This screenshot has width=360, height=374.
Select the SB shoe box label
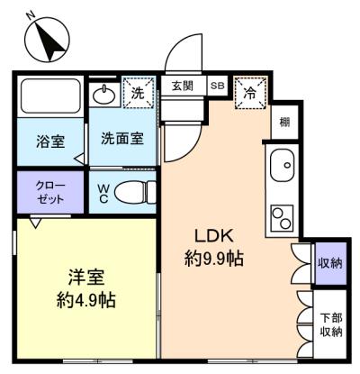pos(218,86)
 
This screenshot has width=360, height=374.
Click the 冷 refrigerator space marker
pos(249,92)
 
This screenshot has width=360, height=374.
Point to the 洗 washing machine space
pos(137,92)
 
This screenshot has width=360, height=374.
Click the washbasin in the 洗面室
pos(104,94)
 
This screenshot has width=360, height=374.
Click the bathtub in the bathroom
pos(49,97)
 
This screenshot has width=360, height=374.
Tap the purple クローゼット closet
pos(49,191)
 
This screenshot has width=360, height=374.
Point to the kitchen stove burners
pos(283,218)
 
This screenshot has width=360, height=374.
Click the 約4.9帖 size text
pos(87,298)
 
